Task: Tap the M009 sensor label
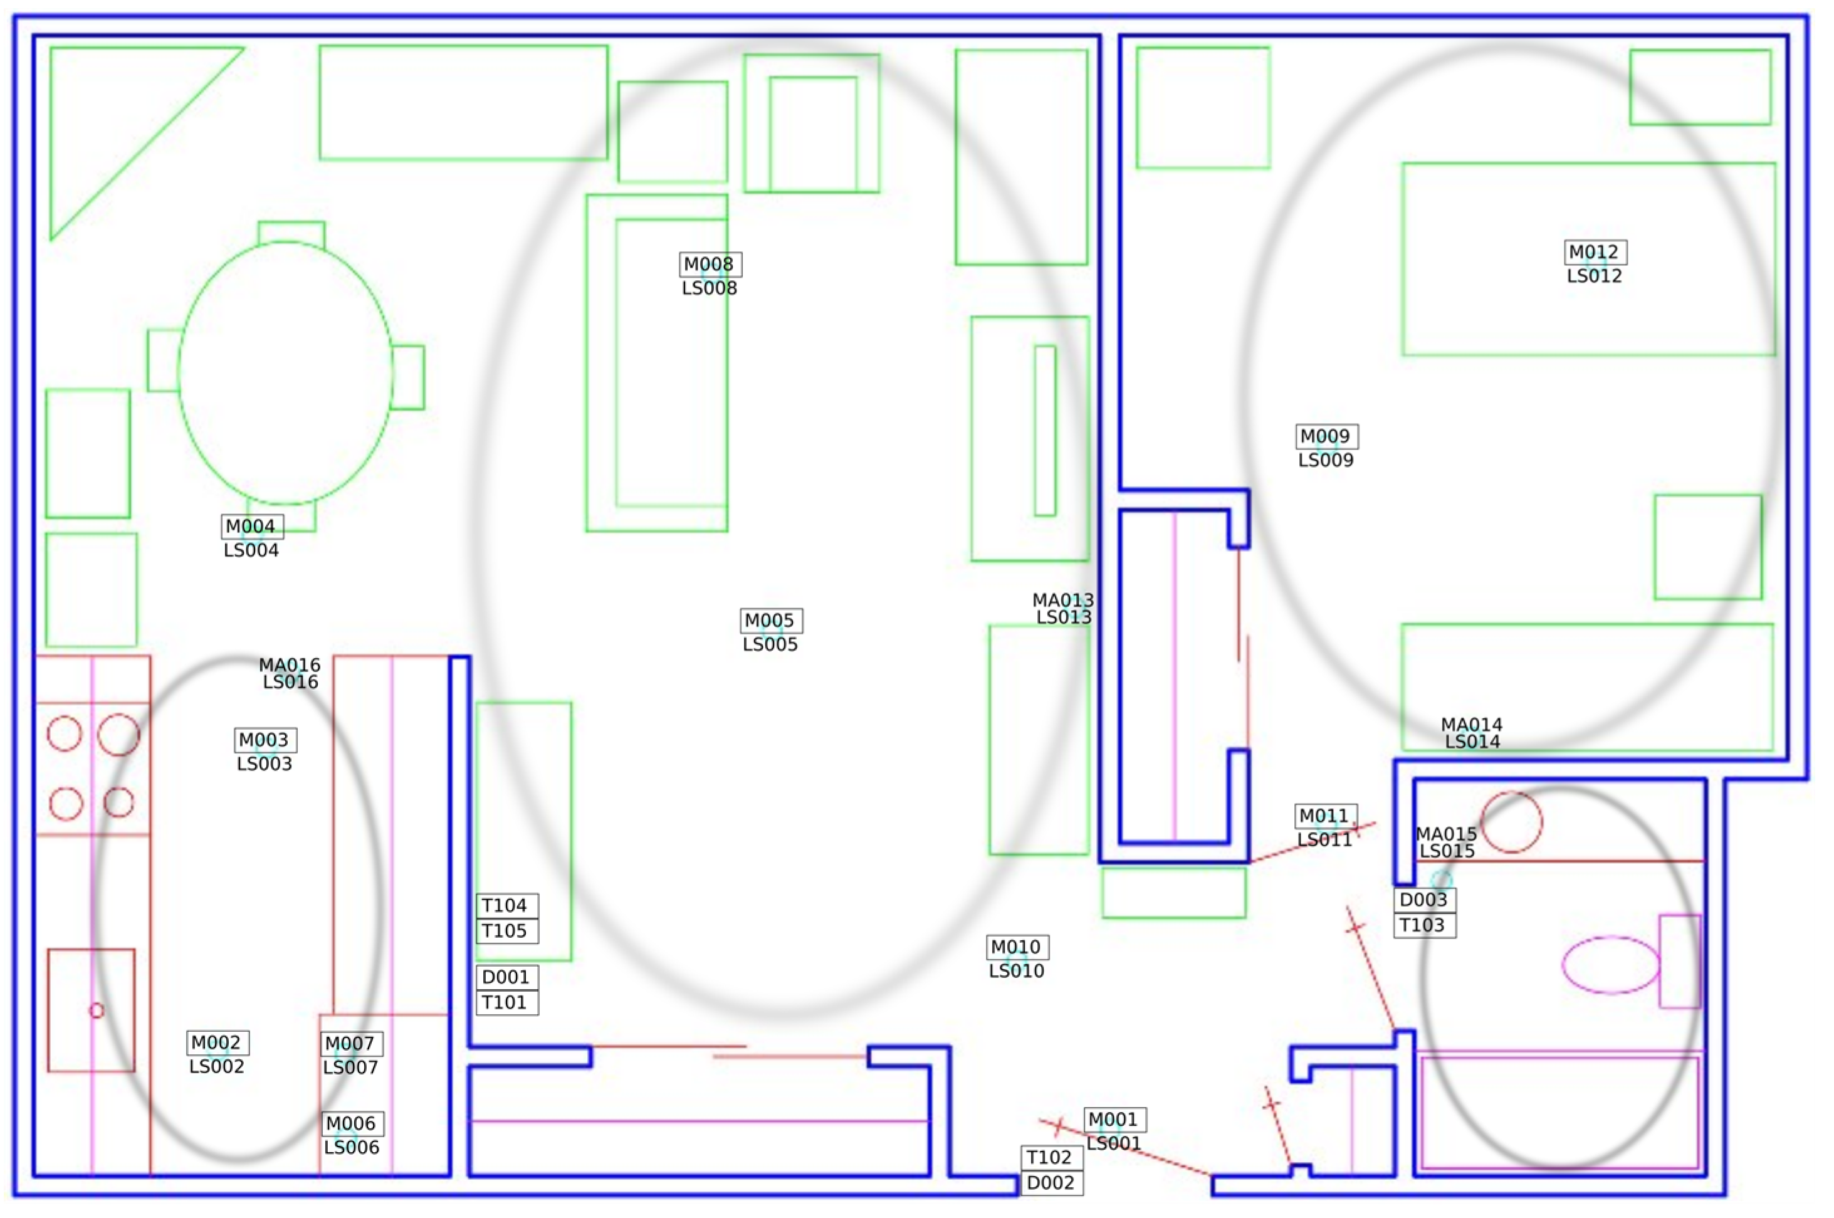[x=1326, y=436]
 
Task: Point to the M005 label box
[x=770, y=621]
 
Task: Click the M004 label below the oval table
[x=251, y=527]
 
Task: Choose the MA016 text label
[x=290, y=666]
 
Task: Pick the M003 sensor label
[x=265, y=740]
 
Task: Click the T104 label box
[x=506, y=906]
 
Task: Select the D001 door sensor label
[x=506, y=977]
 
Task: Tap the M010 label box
[x=1017, y=948]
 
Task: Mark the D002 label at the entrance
[x=1051, y=1183]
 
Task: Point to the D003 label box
[x=1424, y=900]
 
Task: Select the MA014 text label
[x=1471, y=725]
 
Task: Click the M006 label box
[x=352, y=1124]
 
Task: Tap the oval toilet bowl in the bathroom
[x=1610, y=965]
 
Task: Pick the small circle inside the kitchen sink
[x=97, y=1011]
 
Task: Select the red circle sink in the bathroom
[x=1511, y=822]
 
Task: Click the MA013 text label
[x=1063, y=601]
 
